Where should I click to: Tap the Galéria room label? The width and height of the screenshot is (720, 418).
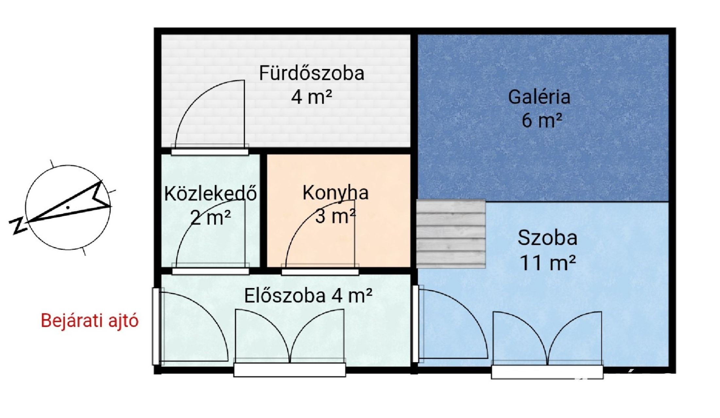(x=539, y=97)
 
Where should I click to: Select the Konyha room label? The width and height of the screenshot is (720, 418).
(x=335, y=193)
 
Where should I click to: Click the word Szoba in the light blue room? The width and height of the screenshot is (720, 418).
(x=547, y=238)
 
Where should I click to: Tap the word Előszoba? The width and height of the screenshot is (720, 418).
(x=285, y=296)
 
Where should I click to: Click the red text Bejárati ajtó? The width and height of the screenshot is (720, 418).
(x=90, y=321)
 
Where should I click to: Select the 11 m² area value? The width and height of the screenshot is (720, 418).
(x=548, y=263)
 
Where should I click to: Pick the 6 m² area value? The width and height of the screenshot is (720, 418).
(x=542, y=121)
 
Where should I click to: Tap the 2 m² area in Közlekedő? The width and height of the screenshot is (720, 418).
(x=211, y=217)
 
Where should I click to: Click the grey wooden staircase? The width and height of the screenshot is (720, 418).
(x=451, y=234)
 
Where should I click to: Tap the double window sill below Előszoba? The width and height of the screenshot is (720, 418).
(x=290, y=370)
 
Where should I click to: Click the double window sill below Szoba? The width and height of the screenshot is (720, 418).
(x=547, y=372)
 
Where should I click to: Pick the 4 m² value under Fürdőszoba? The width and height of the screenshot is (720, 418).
(x=312, y=97)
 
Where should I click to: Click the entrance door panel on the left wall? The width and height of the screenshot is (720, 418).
(x=156, y=326)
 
